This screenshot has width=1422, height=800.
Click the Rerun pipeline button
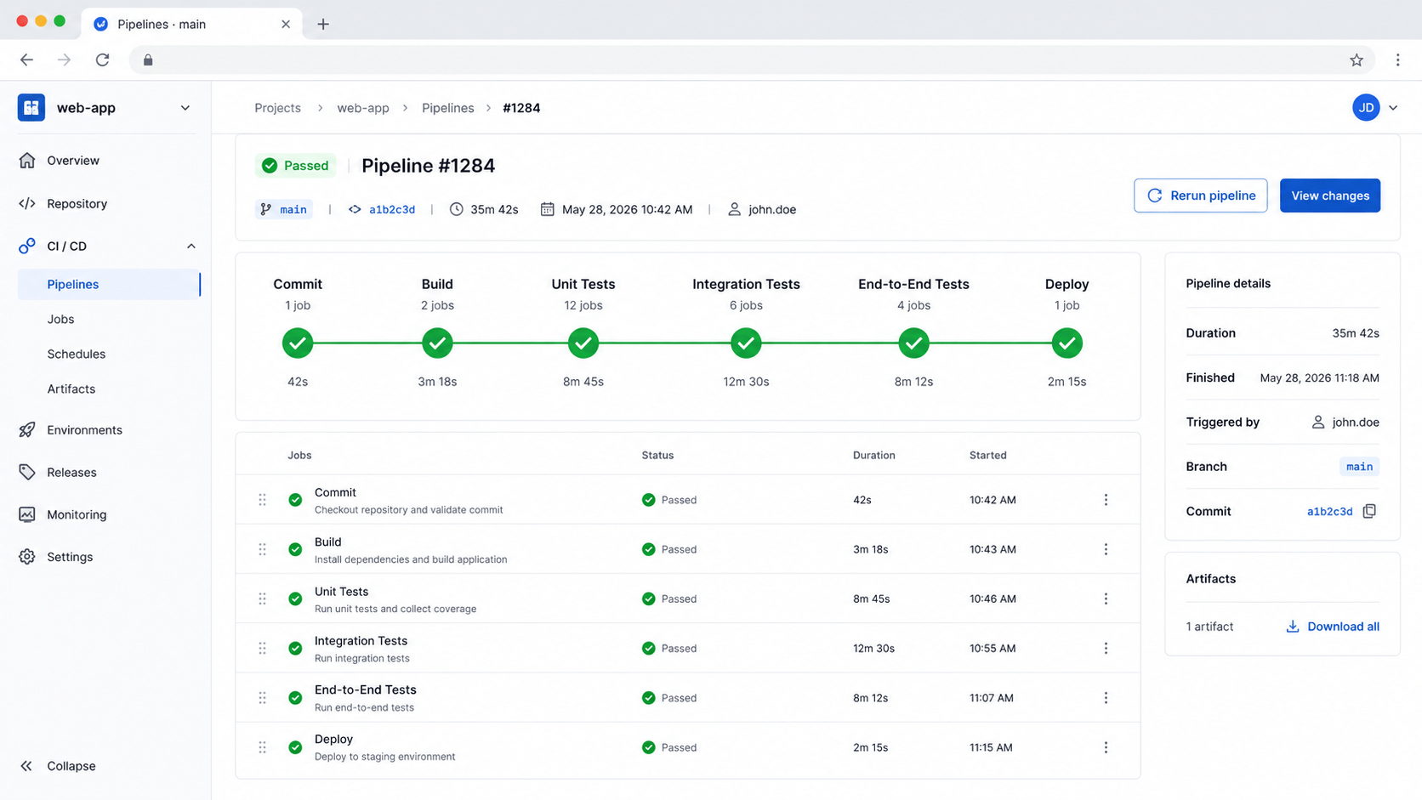tap(1200, 196)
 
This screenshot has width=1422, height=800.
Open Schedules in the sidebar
tap(77, 354)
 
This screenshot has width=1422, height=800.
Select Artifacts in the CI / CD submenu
tap(71, 389)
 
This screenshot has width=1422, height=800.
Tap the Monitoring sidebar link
tap(77, 514)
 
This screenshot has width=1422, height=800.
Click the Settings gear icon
tap(26, 556)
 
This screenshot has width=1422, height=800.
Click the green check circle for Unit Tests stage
tap(583, 343)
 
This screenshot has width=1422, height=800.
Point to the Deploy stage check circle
tap(1066, 343)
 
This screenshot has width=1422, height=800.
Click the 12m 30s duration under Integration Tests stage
tap(746, 381)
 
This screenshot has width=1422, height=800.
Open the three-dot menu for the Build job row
tap(1106, 549)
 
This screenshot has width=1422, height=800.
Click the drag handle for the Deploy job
tap(262, 747)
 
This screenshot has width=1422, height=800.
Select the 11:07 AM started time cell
tap(991, 698)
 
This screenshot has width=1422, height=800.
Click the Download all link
tap(1333, 627)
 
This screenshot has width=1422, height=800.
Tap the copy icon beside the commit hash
tap(1369, 511)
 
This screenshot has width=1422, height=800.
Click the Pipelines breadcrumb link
tap(447, 108)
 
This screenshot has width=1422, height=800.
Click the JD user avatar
tap(1366, 108)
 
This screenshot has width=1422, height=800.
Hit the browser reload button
tap(102, 60)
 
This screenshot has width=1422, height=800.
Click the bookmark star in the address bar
tap(1356, 60)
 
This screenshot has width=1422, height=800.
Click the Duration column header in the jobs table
tap(873, 456)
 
